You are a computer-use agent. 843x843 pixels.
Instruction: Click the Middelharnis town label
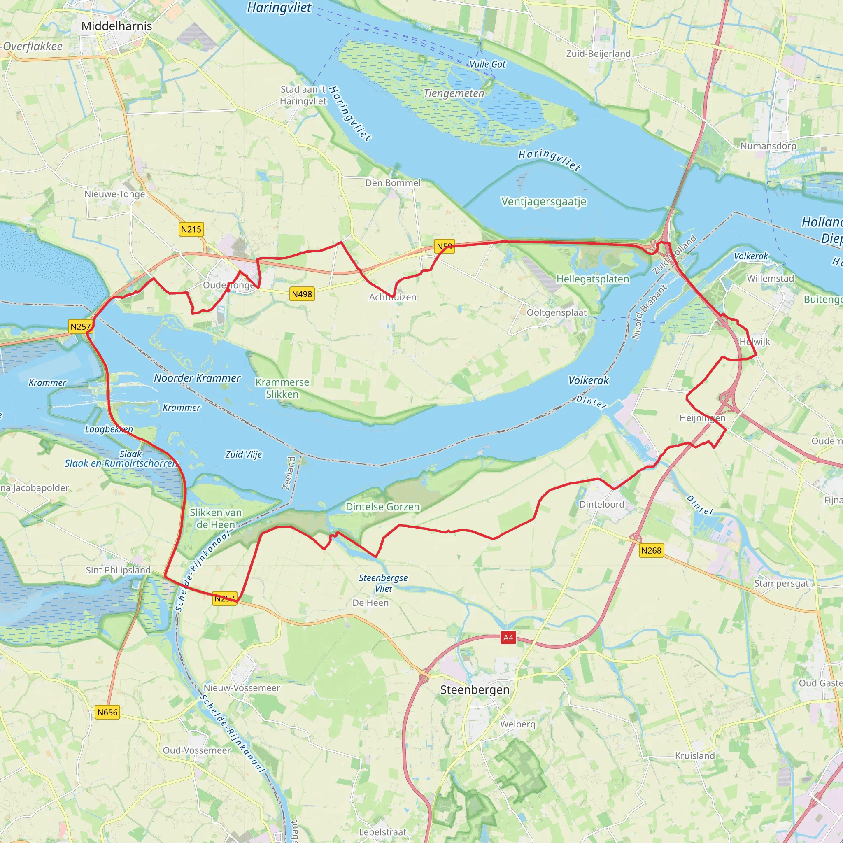point(116,26)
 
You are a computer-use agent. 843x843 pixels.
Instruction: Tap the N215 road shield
point(191,229)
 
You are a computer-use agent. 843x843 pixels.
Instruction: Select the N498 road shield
point(302,294)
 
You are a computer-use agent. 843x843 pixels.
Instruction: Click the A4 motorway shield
point(508,638)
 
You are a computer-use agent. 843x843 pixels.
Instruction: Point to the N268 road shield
point(651,550)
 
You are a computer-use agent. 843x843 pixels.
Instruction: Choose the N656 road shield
point(107,713)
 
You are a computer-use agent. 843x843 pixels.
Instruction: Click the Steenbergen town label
point(475,690)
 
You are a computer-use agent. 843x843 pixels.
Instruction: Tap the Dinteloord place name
point(602,504)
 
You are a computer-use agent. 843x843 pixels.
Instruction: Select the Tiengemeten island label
point(454,93)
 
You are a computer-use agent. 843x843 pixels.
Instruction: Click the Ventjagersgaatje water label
point(543,202)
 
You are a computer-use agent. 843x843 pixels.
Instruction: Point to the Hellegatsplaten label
point(593,279)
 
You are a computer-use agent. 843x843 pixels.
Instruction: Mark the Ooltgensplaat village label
point(557,312)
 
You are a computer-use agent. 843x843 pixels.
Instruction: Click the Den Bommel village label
point(393,183)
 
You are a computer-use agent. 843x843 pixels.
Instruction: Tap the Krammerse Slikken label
point(282,388)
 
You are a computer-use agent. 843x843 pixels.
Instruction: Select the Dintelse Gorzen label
point(383,507)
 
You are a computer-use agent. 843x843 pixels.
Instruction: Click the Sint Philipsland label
point(118,570)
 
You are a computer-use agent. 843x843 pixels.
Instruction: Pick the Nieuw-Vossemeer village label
point(242,688)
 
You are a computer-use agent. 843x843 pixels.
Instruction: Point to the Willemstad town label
point(770,278)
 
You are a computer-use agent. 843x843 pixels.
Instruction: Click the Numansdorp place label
point(768,146)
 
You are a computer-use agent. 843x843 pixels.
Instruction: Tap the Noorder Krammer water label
point(197,378)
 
